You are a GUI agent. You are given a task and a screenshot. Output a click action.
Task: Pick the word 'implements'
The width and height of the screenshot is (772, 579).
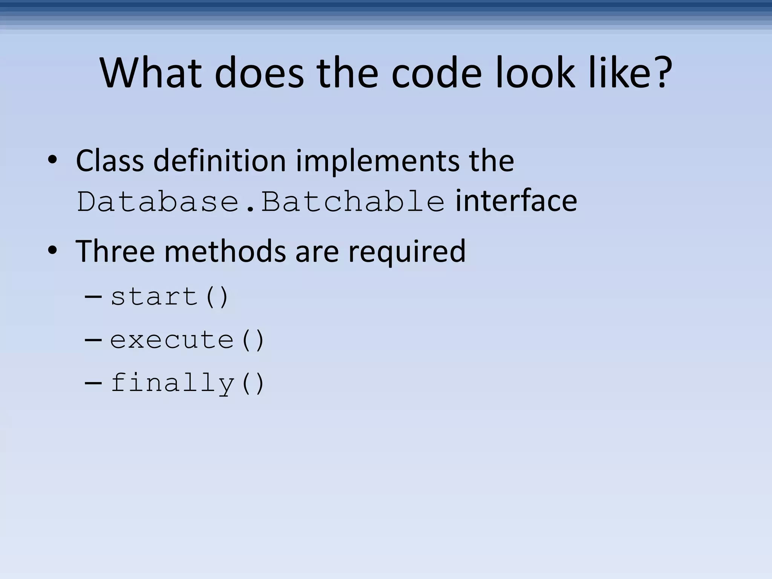coord(377,161)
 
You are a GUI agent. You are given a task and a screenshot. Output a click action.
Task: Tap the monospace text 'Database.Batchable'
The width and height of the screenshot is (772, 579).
coord(260,202)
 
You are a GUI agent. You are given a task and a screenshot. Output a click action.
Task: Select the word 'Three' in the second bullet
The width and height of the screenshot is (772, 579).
coord(115,251)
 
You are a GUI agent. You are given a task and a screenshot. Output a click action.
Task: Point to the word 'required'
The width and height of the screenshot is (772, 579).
coord(407,252)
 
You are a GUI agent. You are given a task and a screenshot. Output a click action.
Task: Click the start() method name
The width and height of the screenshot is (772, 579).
coord(170,297)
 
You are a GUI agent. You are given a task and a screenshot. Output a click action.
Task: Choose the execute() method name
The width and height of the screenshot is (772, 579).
coord(187,340)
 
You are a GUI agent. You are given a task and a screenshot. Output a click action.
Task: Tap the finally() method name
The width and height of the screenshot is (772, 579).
coord(187,383)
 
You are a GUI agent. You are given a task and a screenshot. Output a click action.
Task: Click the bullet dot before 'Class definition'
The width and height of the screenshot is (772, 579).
coord(52,161)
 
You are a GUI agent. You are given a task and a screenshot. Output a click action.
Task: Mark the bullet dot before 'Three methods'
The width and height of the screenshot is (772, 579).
coord(52,250)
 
